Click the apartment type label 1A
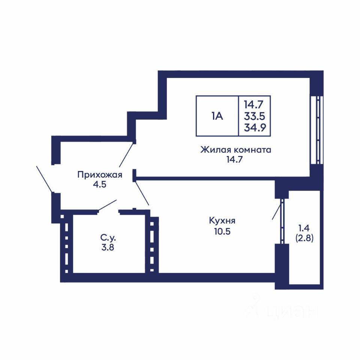[x=217, y=116]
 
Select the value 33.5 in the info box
[x=254, y=116]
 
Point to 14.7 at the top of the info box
[x=253, y=105]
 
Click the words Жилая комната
[x=236, y=150]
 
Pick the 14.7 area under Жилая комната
[x=234, y=159]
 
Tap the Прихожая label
[x=100, y=175]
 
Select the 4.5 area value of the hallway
[x=100, y=184]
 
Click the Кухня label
[x=222, y=221]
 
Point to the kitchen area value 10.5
[x=222, y=231]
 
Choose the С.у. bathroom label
[x=108, y=238]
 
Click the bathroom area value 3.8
[x=108, y=247]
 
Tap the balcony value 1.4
[x=304, y=228]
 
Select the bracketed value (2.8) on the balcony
[x=304, y=238]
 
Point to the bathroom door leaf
[x=108, y=205]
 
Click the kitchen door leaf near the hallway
[x=142, y=193]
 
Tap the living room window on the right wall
[x=317, y=130]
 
